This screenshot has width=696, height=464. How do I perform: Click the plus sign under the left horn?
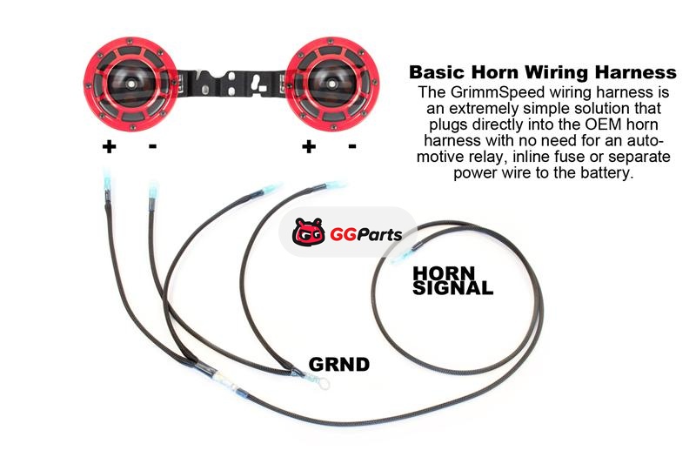pyautogui.click(x=109, y=146)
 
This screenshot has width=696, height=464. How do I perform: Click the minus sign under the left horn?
pyautogui.click(x=153, y=146)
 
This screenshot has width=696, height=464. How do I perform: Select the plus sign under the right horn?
pyautogui.click(x=308, y=146)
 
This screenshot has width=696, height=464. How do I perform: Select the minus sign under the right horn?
pyautogui.click(x=351, y=146)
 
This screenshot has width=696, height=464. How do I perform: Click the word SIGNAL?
pyautogui.click(x=452, y=286)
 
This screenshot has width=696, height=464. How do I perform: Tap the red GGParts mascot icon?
pyautogui.click(x=306, y=232)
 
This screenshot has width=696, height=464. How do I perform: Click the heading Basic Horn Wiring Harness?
pyautogui.click(x=542, y=71)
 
